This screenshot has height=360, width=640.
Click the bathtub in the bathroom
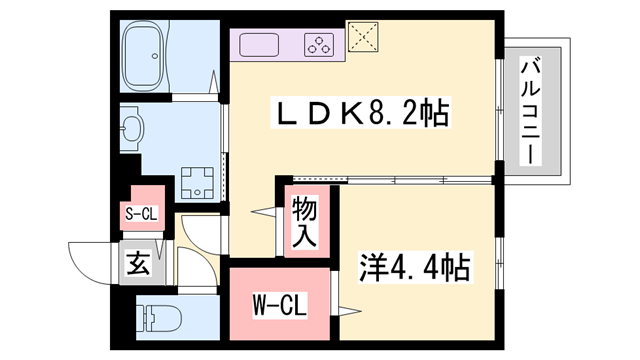[x=144, y=56]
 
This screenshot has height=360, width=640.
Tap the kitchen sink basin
[x=259, y=44]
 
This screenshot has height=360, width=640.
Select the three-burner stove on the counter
[x=319, y=44]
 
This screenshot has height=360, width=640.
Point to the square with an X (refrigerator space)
[x=363, y=37]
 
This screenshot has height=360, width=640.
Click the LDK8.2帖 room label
[x=360, y=112]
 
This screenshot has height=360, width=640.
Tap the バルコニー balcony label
[x=530, y=111]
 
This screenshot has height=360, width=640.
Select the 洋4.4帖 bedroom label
[x=415, y=268]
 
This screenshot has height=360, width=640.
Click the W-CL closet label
[x=280, y=305]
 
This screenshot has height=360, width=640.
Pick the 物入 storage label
[x=304, y=221]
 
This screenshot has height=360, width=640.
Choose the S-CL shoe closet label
[x=141, y=213]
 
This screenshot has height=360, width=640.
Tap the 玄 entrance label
[x=138, y=263]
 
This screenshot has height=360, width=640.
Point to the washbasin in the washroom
[x=131, y=129]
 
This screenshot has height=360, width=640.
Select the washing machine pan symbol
[x=198, y=182]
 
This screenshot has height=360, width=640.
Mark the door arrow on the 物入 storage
[x=263, y=212]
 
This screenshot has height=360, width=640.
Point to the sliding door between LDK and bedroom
[x=393, y=179]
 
